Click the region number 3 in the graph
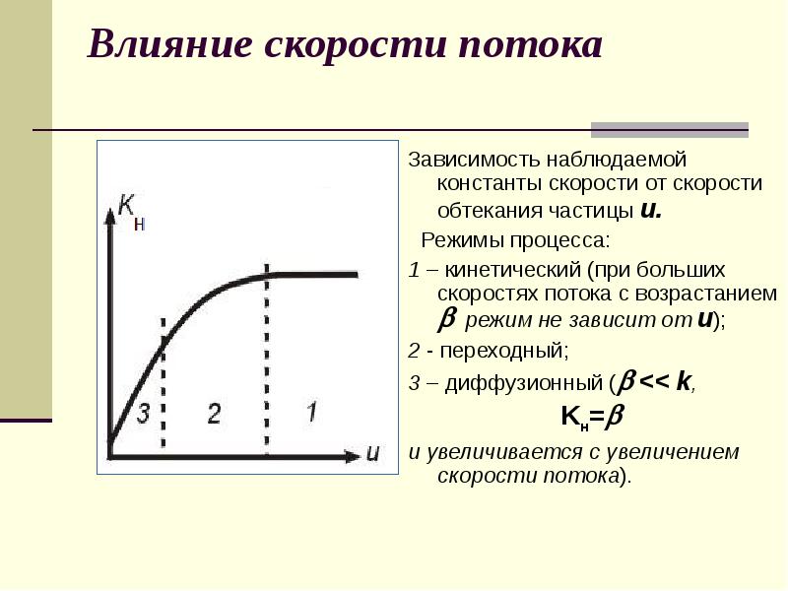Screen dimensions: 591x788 [142, 413]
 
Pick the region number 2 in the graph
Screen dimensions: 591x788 [214, 413]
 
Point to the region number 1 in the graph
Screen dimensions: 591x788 [310, 411]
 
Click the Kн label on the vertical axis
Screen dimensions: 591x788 [131, 209]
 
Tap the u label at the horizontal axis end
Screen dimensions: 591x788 [372, 453]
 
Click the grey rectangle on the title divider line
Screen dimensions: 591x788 [669, 130]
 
